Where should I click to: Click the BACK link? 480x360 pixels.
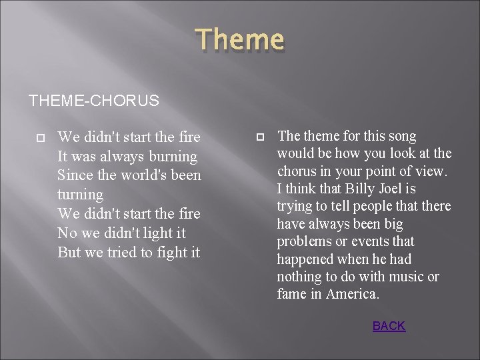[x=389, y=326]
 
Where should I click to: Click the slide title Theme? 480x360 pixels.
[x=240, y=41]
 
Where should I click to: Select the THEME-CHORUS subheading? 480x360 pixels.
[x=94, y=101]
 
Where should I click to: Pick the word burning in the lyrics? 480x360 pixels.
[x=173, y=157]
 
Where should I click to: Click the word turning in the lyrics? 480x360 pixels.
[x=81, y=195]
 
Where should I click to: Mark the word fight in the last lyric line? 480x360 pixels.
[x=166, y=253]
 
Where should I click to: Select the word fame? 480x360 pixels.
[x=292, y=294]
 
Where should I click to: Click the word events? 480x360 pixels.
[x=372, y=241]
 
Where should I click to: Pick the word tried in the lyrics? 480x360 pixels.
[x=124, y=253]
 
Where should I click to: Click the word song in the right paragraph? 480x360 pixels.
[x=402, y=136]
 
